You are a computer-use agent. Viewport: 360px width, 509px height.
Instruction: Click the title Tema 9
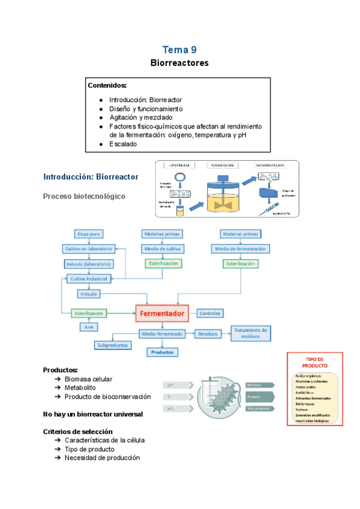(179, 50)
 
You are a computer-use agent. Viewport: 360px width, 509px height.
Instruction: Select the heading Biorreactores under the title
(179, 62)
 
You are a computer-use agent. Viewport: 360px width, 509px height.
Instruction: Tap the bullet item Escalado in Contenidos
(123, 144)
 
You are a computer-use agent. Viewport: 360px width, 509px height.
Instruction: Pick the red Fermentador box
(162, 313)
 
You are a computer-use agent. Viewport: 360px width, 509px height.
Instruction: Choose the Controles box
(210, 313)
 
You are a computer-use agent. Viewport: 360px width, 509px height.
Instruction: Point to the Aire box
(88, 327)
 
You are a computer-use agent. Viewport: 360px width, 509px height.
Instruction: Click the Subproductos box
(112, 345)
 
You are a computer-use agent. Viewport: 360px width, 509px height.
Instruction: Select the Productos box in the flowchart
(162, 352)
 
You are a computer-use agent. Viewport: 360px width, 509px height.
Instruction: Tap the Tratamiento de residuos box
(251, 334)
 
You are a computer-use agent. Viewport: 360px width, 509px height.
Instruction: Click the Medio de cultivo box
(162, 248)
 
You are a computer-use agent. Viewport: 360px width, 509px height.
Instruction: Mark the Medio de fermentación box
(242, 248)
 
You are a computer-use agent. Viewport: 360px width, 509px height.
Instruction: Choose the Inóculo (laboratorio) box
(89, 264)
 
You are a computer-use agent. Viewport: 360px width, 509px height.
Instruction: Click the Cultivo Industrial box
(89, 279)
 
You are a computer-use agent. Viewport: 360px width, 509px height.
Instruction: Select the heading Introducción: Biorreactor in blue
(91, 176)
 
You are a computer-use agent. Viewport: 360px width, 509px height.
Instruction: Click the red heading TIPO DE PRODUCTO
(314, 362)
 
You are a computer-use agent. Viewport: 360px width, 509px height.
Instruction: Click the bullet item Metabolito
(81, 388)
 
